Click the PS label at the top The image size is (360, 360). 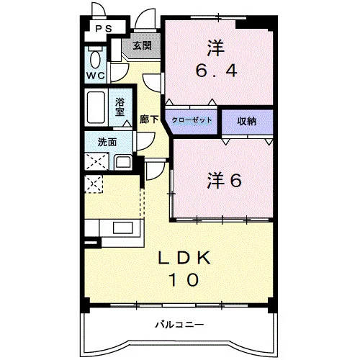[104, 29]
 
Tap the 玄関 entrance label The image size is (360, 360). [143, 45]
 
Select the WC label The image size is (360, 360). [96, 76]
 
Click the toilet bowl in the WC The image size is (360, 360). [95, 59]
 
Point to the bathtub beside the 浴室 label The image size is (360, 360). [96, 107]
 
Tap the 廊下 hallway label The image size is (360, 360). [149, 120]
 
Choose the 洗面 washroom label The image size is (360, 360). [107, 143]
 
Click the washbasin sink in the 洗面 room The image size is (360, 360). [123, 162]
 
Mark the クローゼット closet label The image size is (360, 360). [192, 120]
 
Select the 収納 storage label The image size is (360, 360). [247, 121]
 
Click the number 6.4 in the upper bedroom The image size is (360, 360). [217, 71]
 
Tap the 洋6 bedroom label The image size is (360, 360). [225, 181]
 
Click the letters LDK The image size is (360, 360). [184, 258]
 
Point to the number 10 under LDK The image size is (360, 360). [184, 279]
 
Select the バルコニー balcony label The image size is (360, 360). [180, 325]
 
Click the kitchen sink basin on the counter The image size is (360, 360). [123, 228]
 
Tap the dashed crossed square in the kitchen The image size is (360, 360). [94, 184]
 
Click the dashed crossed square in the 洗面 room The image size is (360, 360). [96, 161]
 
